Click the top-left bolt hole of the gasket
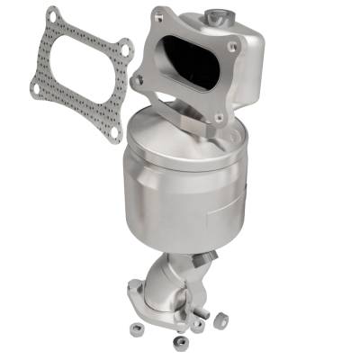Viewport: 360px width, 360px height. [52, 17]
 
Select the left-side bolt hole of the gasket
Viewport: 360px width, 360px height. [35, 89]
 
